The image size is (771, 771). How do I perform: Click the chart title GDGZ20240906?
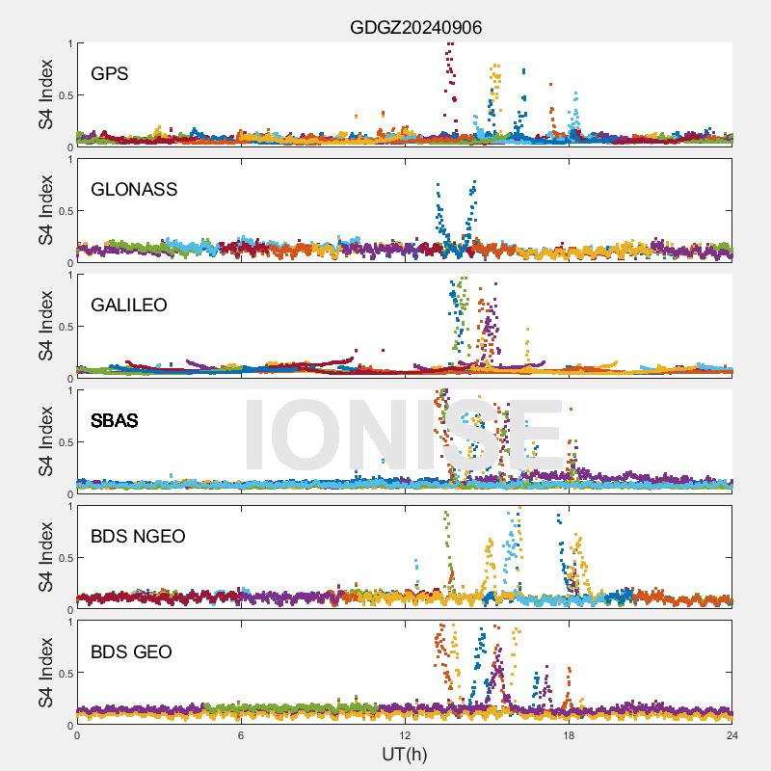[415, 28]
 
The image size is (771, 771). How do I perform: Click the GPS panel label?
[110, 74]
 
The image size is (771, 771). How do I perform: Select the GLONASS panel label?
[134, 190]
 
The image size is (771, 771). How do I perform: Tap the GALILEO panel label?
[129, 306]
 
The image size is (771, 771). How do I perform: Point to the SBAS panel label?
[115, 421]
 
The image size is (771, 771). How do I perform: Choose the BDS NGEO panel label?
[138, 537]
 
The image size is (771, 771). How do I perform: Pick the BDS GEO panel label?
[131, 652]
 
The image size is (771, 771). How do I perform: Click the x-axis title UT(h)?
[405, 753]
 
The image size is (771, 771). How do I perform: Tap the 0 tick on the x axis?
[77, 734]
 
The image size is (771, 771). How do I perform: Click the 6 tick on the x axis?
[241, 734]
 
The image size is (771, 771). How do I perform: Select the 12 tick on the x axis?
[405, 734]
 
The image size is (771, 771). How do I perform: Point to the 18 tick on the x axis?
[569, 734]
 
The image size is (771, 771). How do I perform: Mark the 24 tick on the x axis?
[732, 734]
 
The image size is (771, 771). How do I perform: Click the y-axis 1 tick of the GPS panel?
[69, 43]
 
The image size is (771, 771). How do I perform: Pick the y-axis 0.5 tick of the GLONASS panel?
[64, 211]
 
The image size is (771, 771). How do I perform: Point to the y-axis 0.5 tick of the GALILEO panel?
[64, 327]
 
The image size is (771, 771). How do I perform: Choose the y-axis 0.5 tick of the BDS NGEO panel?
[64, 558]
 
